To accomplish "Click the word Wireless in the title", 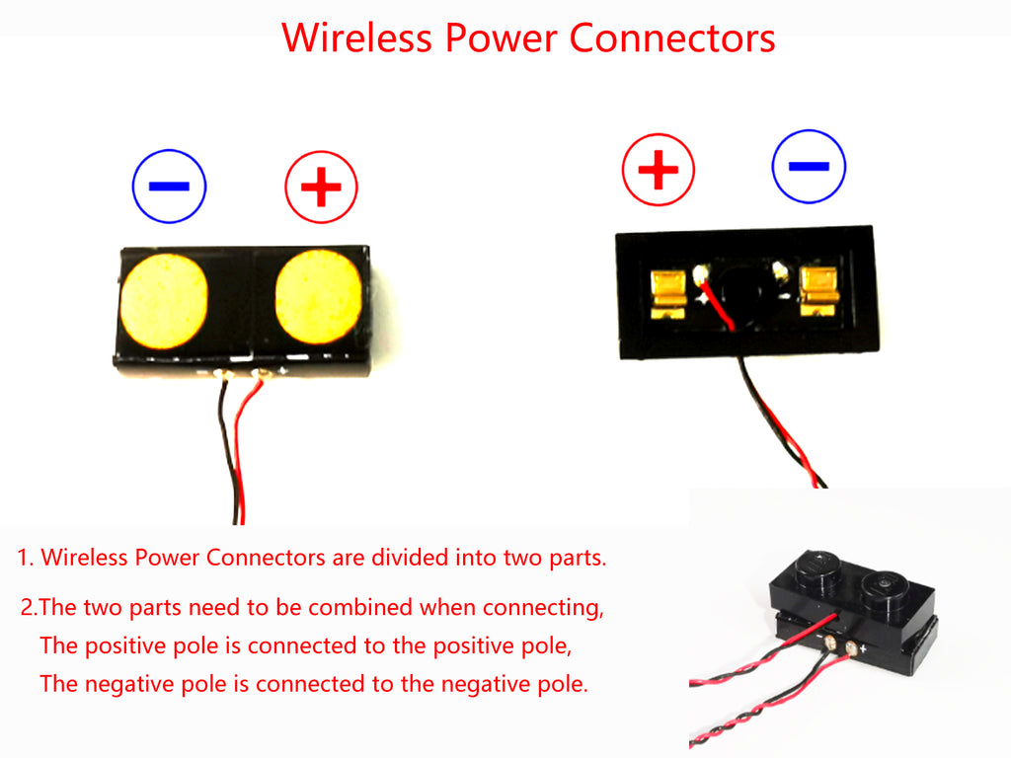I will point(356,38).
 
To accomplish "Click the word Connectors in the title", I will point(672,38).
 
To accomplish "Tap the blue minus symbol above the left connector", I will point(169,186).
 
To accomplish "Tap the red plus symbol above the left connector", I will point(321,187).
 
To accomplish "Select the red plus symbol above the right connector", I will point(659,170).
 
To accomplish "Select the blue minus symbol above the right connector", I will point(810,167).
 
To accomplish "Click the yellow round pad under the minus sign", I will point(164,301).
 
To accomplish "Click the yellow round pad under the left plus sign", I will point(317,297).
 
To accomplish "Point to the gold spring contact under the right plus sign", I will point(668,294).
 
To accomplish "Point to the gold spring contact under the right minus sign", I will point(819,291).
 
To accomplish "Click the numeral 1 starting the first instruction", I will point(23,558).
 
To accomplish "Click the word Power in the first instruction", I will point(168,558).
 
